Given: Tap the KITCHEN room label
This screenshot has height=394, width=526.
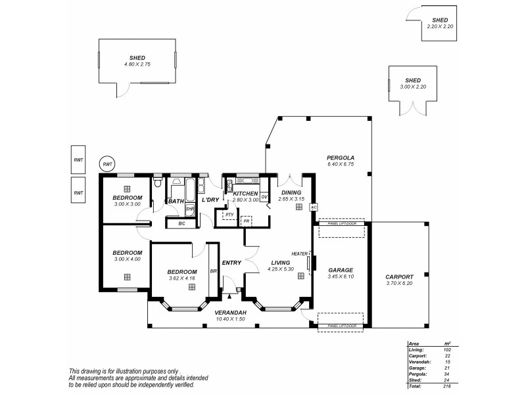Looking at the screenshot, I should pyautogui.click(x=246, y=193).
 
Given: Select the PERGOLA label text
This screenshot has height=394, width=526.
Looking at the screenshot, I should pyautogui.click(x=341, y=158).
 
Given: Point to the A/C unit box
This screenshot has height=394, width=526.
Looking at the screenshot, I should pyautogui.click(x=314, y=206).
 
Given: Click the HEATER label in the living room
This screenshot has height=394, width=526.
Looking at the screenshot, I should pyautogui.click(x=299, y=253).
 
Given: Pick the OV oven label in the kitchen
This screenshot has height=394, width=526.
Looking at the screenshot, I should pyautogui.click(x=264, y=197).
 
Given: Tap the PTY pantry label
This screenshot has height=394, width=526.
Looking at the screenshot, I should pyautogui.click(x=229, y=215).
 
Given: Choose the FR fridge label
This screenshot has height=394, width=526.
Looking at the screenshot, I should pyautogui.click(x=246, y=221).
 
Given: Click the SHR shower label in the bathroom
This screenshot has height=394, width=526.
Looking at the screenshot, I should pyautogui.click(x=189, y=209).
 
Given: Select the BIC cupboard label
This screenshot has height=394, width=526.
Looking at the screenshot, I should pyautogui.click(x=181, y=224).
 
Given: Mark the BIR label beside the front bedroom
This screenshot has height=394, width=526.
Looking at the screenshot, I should pyautogui.click(x=213, y=270).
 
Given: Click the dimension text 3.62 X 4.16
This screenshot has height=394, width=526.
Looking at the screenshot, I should pyautogui.click(x=181, y=278).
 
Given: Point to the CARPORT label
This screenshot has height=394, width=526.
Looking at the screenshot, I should pyautogui.click(x=399, y=277).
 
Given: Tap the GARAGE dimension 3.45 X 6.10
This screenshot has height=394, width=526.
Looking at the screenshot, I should pyautogui.click(x=341, y=276).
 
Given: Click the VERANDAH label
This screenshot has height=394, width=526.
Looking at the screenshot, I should pyautogui.click(x=230, y=312).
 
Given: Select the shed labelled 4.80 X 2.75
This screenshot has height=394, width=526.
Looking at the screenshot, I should pyautogui.click(x=137, y=61).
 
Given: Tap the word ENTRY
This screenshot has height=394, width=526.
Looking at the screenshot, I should pyautogui.click(x=231, y=263).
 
